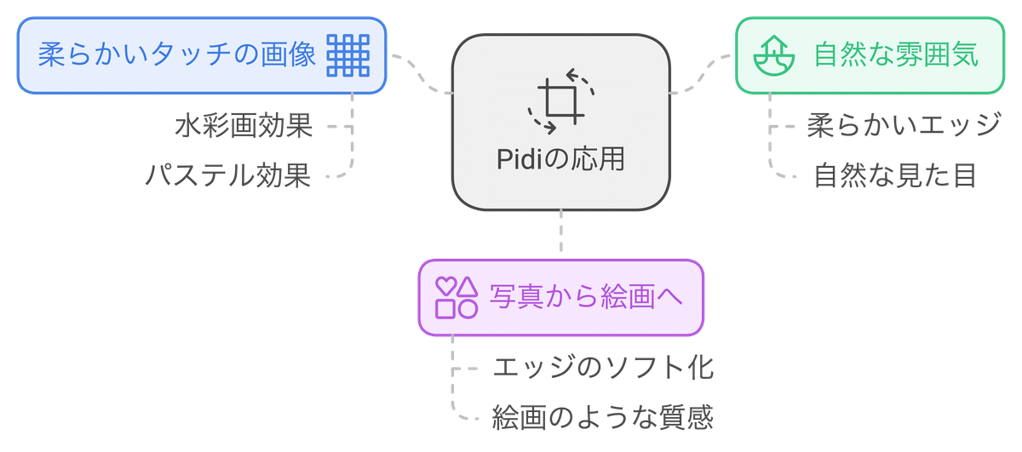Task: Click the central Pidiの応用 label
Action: (x=560, y=159)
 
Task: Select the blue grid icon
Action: (x=348, y=55)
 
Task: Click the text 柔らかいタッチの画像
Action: (x=177, y=55)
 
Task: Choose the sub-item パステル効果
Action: (x=228, y=176)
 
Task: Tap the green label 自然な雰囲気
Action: (x=895, y=55)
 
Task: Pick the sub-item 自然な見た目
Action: (x=894, y=176)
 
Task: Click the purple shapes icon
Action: (x=456, y=296)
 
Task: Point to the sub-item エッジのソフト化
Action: (x=602, y=369)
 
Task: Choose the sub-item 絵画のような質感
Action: (x=602, y=417)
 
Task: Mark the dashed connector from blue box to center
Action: (x=421, y=75)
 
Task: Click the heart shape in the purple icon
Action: (x=445, y=286)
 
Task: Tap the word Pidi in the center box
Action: (x=519, y=159)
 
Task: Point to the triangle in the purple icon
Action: (x=467, y=286)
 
